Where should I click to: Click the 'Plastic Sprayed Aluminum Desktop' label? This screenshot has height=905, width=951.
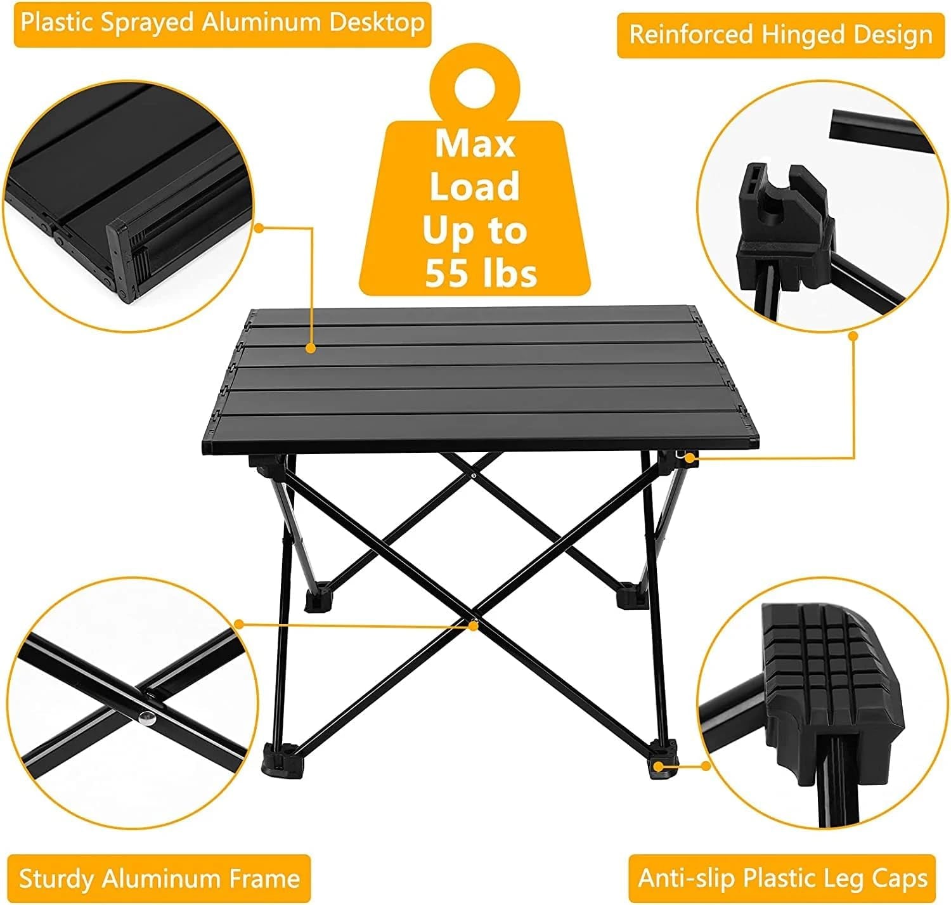tap(223, 24)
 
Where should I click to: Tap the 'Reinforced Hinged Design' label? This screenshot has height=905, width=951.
tap(780, 34)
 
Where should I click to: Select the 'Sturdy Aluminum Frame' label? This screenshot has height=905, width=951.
tap(159, 878)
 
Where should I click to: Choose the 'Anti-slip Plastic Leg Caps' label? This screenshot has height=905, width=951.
tap(782, 878)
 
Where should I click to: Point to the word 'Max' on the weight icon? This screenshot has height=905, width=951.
tap(474, 144)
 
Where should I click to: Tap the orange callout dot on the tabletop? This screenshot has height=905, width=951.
tap(311, 348)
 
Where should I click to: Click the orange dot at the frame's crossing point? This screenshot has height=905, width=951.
tap(473, 625)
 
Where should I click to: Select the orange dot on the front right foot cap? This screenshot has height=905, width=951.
tap(659, 767)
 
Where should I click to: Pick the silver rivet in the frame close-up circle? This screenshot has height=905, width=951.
tap(148, 718)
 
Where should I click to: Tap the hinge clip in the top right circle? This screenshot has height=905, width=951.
tap(779, 216)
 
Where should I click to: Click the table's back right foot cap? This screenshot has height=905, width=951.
tap(629, 595)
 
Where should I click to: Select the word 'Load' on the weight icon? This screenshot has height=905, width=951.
tap(474, 187)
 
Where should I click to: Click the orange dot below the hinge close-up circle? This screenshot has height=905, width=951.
tap(853, 335)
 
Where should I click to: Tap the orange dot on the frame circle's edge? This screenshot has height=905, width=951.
tap(239, 624)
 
